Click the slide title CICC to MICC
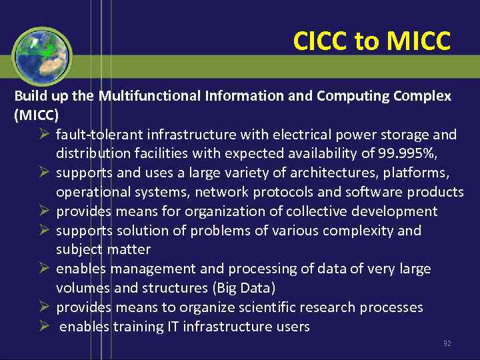(372, 42)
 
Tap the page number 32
(447, 344)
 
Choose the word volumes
(82, 289)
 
